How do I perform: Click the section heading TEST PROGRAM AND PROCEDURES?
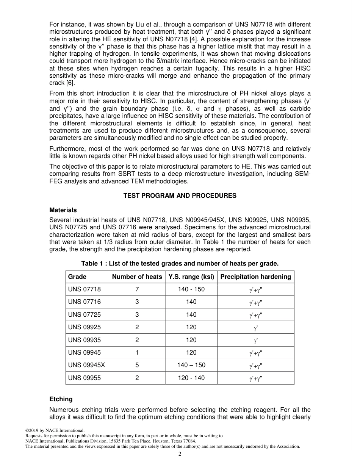[x=180, y=195]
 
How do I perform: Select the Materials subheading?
[x=63, y=210]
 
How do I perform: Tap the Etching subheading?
[x=61, y=399]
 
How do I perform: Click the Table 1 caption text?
[x=180, y=263]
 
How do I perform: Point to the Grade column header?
[x=77, y=277]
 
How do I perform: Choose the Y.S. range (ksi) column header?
[x=191, y=277]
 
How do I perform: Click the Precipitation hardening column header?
[x=255, y=277]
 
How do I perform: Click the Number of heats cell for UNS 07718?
[x=137, y=289]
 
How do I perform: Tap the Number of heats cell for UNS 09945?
[x=137, y=352]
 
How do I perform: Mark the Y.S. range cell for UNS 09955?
[x=191, y=378]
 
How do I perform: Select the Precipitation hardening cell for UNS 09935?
[x=255, y=340]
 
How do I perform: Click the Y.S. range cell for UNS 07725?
[x=191, y=314]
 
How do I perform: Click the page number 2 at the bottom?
[x=180, y=454]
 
